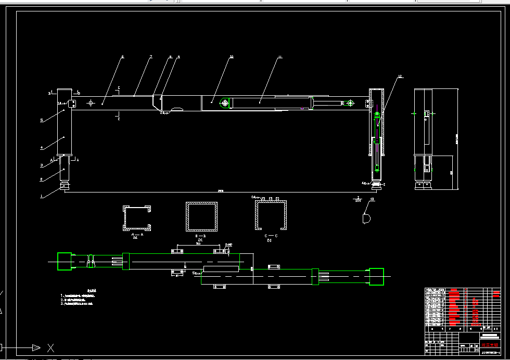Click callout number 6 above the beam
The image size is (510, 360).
pos(123,57)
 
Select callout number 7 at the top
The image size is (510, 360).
pos(151,57)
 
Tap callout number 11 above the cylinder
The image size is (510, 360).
pos(279,57)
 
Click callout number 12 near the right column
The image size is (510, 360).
pos(400,77)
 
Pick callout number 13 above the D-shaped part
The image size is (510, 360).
pos(372,199)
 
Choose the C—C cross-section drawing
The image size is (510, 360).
pos(270,215)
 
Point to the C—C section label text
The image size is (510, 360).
pos(269,236)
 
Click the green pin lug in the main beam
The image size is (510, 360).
pos(225,103)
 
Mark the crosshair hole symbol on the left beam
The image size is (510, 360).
pos(91,103)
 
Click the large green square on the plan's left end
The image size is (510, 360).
pos(64,261)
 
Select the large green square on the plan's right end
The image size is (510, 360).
pos(376,276)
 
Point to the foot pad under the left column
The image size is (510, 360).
pos(64,187)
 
